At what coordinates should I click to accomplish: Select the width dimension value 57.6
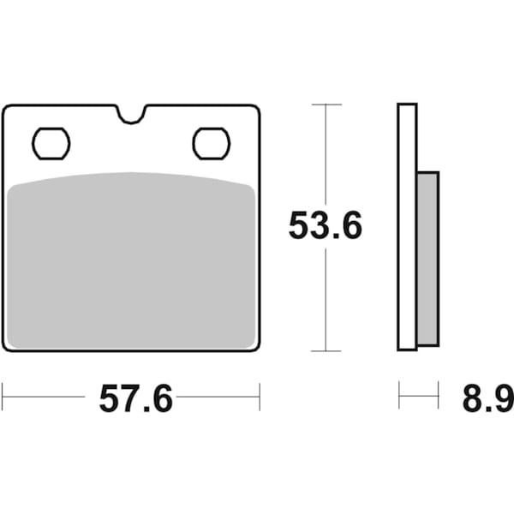[x=135, y=399]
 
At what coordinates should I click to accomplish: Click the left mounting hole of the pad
[x=51, y=143]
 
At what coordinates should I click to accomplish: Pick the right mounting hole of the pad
[x=211, y=143]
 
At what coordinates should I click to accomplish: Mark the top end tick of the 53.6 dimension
[x=326, y=105]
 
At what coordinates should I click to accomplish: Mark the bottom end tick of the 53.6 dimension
[x=326, y=350]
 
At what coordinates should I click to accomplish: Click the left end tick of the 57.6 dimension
[x=3, y=397]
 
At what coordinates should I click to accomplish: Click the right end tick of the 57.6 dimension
[x=260, y=397]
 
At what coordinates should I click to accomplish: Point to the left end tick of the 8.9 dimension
[x=399, y=397]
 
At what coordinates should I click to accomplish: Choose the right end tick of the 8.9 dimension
[x=438, y=397]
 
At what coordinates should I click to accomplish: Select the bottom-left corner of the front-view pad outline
[x=5, y=349]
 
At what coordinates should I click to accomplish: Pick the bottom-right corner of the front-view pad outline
[x=257, y=349]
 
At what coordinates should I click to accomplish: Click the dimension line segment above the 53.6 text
[x=326, y=154]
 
